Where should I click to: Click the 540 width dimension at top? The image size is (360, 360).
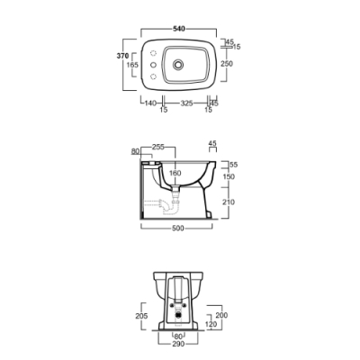coord(179,29)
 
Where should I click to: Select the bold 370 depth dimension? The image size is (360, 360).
coord(122,56)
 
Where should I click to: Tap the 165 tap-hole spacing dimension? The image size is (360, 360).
coord(132,65)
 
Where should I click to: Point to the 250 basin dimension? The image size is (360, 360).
coord(227,64)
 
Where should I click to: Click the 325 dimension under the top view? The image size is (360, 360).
coord(186,103)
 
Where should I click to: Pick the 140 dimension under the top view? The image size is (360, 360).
coord(150,103)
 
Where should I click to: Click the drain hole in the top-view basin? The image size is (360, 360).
coord(178,64)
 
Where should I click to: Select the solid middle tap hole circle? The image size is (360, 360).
coord(153,65)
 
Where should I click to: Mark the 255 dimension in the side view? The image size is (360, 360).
coord(158,147)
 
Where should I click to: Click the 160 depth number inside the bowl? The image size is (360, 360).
coord(175,173)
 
